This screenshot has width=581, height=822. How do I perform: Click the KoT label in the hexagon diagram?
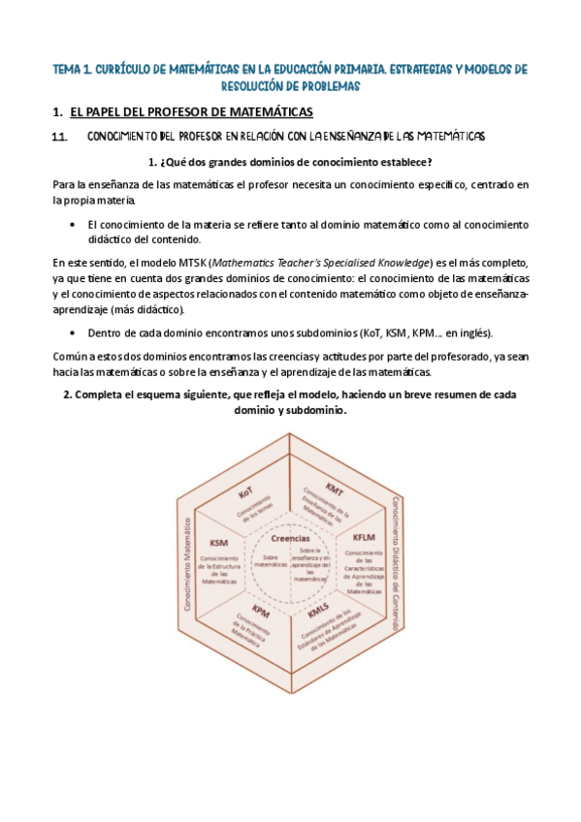point(245,493)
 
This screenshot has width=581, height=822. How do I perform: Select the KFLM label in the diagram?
point(364,536)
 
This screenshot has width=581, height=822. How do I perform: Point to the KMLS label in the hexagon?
point(318,612)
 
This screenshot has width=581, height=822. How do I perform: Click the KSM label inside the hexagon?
point(218,543)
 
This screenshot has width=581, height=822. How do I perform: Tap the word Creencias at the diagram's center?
point(290,539)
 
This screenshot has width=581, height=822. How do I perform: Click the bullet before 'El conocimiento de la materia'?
point(75,225)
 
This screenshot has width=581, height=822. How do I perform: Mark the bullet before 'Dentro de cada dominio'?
point(75,332)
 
